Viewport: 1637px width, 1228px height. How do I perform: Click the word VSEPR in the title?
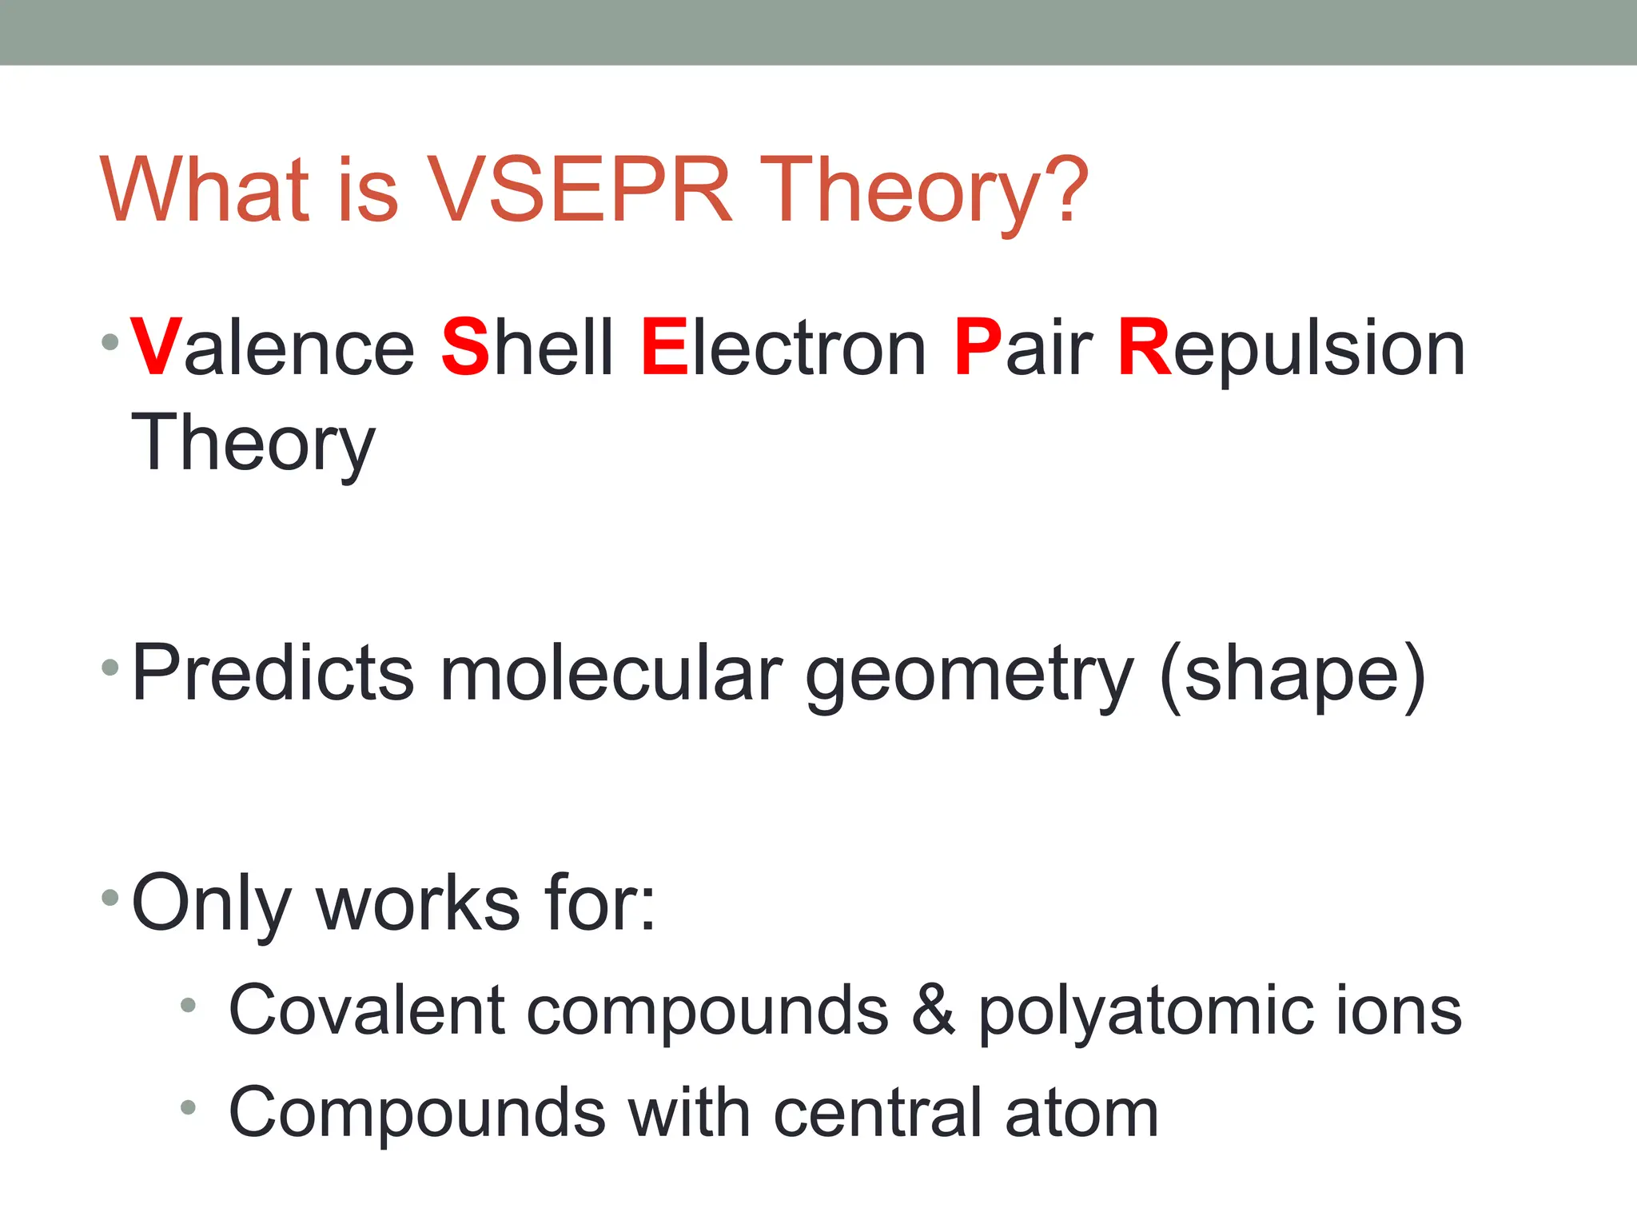click(580, 190)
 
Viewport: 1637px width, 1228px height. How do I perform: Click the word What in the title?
click(205, 190)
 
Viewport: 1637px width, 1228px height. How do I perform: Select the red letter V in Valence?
click(156, 347)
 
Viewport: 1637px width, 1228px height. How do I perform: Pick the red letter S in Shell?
click(465, 347)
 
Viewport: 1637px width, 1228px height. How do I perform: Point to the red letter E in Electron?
click(664, 347)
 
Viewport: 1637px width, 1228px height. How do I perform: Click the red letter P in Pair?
click(978, 347)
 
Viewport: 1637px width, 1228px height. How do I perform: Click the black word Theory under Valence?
click(253, 445)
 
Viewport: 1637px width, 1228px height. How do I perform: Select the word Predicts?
click(273, 673)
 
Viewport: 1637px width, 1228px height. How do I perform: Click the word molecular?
click(611, 673)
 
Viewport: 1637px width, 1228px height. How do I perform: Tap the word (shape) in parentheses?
click(1292, 676)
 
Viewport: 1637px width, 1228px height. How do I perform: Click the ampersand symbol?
click(933, 1010)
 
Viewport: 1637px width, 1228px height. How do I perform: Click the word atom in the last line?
click(1081, 1113)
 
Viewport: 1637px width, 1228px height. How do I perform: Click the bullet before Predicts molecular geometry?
click(110, 667)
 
